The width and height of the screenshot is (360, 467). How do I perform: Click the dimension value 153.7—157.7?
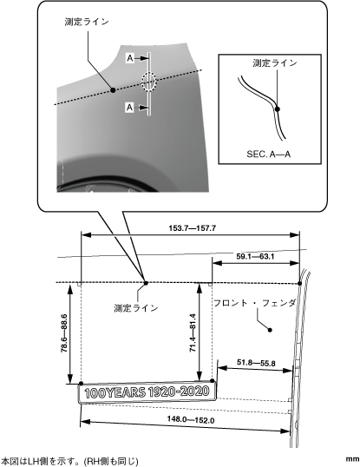[193, 228]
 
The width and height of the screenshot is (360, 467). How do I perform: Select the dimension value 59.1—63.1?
[255, 256]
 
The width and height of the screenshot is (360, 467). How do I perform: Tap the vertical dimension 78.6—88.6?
[64, 333]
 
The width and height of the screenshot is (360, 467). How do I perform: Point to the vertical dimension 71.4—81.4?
[193, 332]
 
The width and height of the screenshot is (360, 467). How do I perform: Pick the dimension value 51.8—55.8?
[256, 363]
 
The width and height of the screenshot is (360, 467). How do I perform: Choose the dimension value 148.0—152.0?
[191, 419]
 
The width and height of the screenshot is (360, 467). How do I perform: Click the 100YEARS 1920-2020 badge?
[147, 392]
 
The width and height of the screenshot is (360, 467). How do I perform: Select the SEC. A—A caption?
[268, 154]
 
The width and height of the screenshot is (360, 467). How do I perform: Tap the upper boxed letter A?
[130, 58]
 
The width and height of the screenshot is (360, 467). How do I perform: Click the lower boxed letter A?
[129, 108]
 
